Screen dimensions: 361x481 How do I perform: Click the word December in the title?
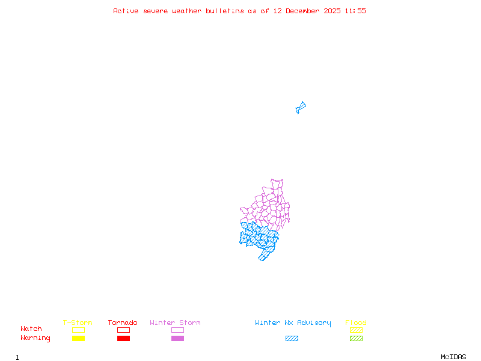pyautogui.click(x=304, y=11)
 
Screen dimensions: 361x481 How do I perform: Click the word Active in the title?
pyautogui.click(x=126, y=11)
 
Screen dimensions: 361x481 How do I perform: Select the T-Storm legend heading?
pyautogui.click(x=78, y=323)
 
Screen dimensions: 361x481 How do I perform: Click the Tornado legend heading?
pyautogui.click(x=123, y=323)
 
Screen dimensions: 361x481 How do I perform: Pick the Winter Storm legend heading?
pyautogui.click(x=175, y=323)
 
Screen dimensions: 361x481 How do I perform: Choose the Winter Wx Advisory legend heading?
pyautogui.click(x=293, y=323)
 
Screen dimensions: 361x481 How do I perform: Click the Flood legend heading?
pyautogui.click(x=356, y=323)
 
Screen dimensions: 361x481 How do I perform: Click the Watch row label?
pyautogui.click(x=31, y=329)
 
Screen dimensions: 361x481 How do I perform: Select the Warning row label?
pyautogui.click(x=35, y=338)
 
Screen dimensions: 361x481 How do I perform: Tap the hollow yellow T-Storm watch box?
pyautogui.click(x=78, y=330)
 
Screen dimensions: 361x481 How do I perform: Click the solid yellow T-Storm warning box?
pyautogui.click(x=78, y=339)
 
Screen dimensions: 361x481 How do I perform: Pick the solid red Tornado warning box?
pyautogui.click(x=123, y=339)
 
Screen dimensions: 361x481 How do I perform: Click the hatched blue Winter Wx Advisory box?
pyautogui.click(x=292, y=339)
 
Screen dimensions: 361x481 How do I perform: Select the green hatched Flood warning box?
pyautogui.click(x=356, y=339)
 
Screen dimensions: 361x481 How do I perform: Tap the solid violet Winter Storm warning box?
pyautogui.click(x=177, y=339)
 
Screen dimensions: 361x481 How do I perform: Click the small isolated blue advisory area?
pyautogui.click(x=301, y=108)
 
